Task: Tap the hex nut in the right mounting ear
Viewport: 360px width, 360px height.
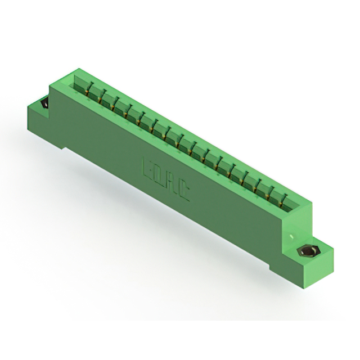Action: (308, 251)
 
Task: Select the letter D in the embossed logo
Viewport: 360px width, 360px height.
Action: (159, 175)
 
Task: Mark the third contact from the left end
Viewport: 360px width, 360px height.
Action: (114, 103)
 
